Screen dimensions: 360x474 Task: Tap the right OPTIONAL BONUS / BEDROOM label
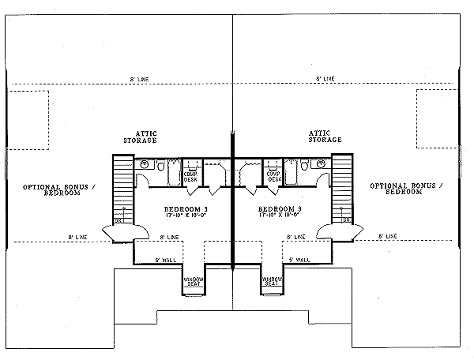(408, 189)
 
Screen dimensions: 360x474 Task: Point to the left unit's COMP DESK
(191, 177)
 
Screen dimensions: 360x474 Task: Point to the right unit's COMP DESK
(274, 177)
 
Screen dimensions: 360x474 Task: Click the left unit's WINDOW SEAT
(194, 282)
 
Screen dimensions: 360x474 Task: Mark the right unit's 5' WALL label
(299, 260)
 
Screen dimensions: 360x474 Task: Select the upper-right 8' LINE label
(325, 80)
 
